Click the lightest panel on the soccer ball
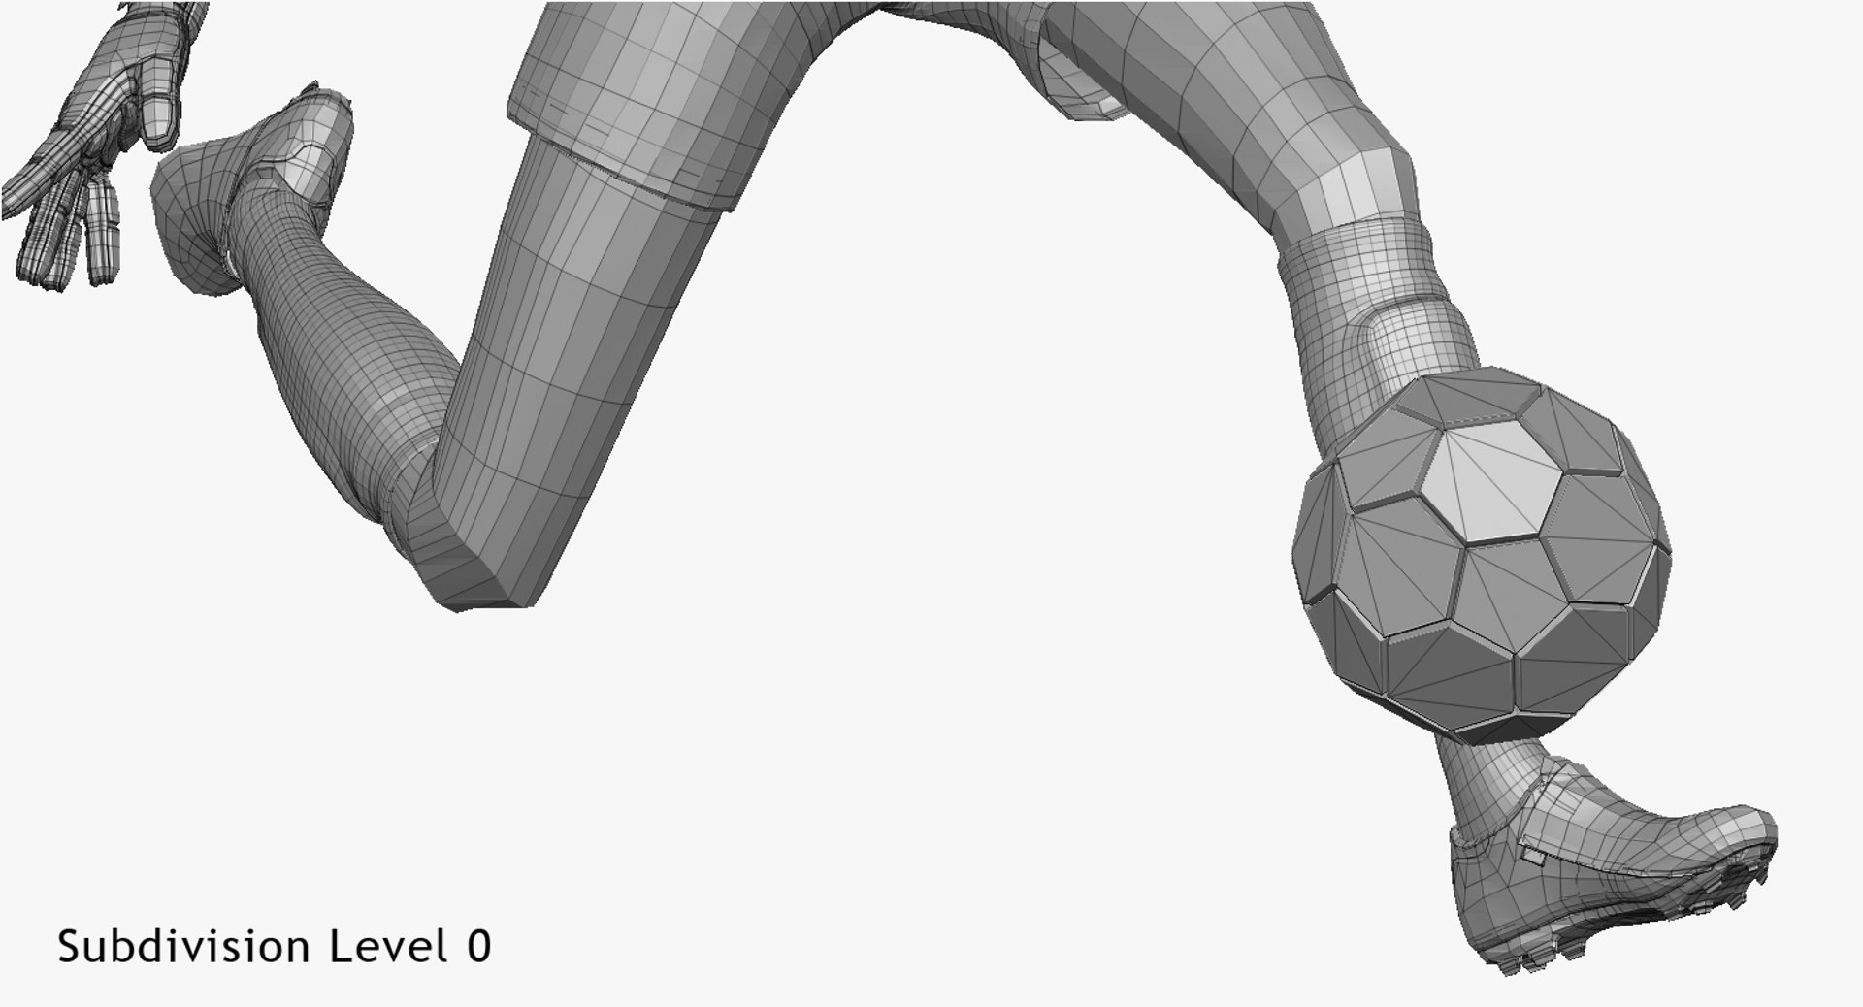1485,485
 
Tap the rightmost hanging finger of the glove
103,233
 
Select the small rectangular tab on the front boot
1534,858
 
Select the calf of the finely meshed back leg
320,320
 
